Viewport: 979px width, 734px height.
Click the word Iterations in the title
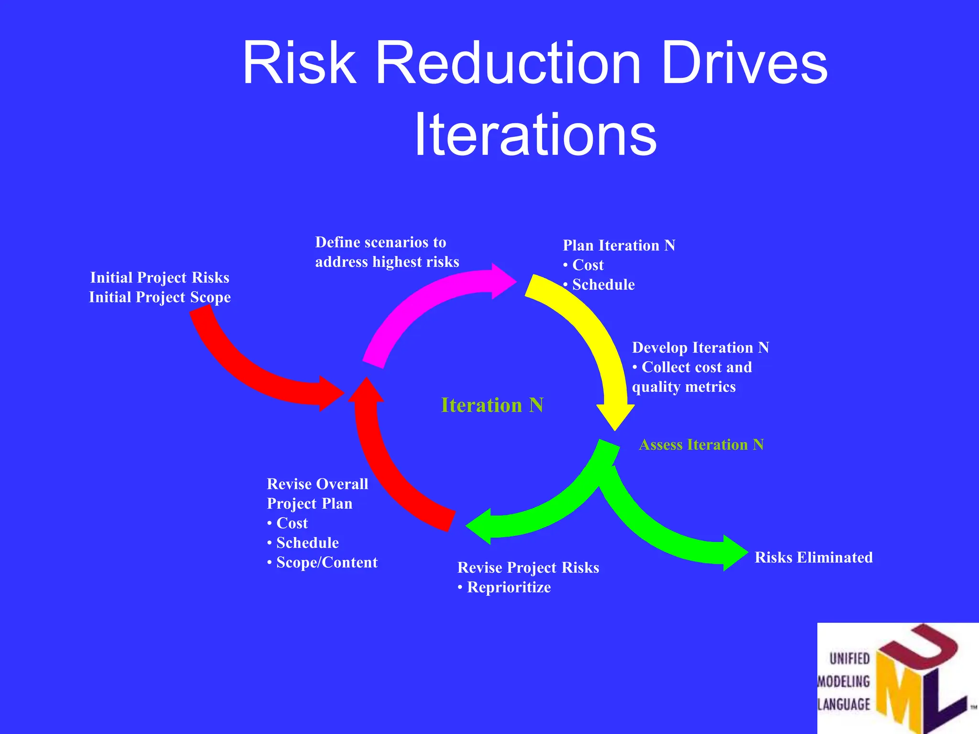535,134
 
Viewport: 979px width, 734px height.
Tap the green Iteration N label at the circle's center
492,405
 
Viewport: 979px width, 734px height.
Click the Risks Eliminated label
813,558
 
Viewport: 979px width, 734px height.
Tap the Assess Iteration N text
701,445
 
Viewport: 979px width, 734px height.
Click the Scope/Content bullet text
326,562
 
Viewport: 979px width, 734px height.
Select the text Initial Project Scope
160,297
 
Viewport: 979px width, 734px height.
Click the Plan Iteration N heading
619,246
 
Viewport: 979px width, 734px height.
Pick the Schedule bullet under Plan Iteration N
603,285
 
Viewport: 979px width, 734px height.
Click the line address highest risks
387,262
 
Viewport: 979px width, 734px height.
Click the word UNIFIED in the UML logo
849,659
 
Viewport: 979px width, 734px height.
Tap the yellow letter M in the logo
899,688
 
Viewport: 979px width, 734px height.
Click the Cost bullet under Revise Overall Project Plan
292,523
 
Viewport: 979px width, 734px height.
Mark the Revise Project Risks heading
528,568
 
